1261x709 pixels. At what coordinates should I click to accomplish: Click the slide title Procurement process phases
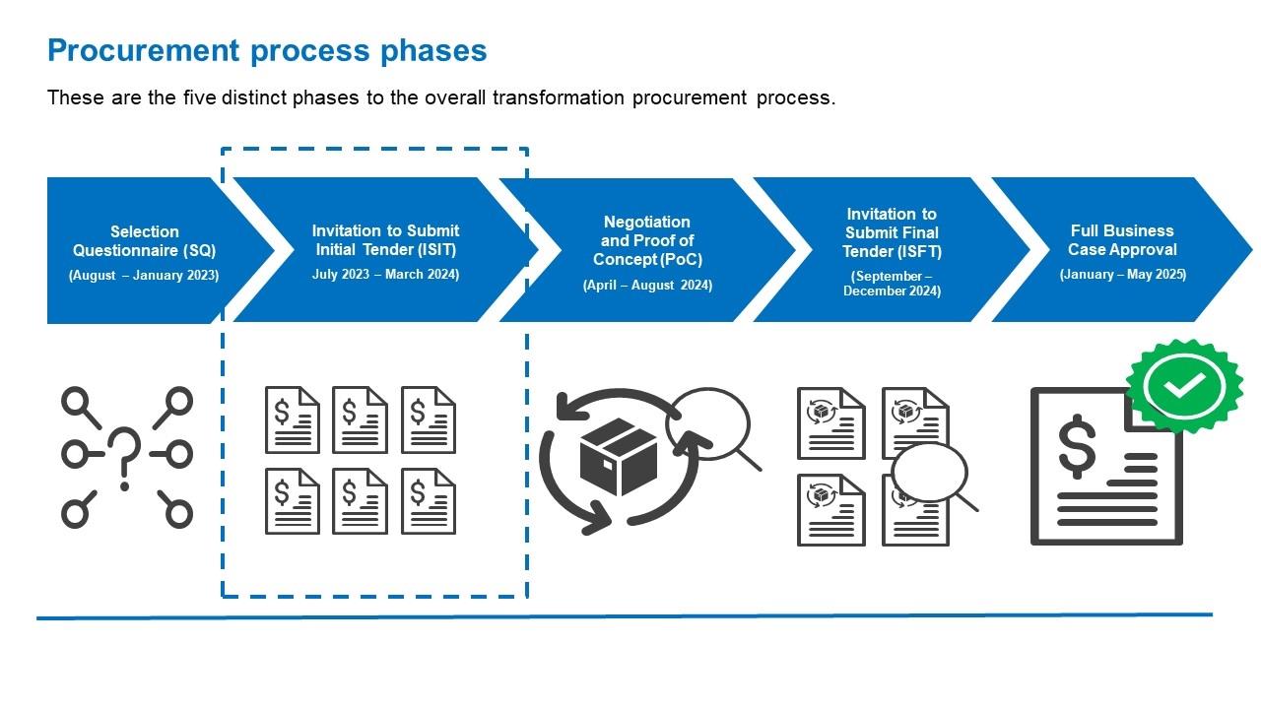267,50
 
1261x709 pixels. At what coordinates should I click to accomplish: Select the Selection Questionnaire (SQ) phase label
144,241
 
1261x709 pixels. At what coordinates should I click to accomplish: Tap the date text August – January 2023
144,276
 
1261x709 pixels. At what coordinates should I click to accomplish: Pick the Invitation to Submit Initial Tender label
385,240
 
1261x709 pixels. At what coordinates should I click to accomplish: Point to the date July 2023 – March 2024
385,275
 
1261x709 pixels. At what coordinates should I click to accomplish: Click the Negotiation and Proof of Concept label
646,240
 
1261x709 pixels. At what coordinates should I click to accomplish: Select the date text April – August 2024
647,286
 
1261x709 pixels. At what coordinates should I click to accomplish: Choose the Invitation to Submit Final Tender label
892,232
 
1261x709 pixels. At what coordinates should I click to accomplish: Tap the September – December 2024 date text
892,284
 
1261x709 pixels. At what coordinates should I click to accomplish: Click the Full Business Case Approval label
1122,240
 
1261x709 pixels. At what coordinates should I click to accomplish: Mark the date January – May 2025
1122,275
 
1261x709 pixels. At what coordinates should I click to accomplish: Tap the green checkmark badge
1184,386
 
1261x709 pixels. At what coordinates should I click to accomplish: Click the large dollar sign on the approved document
1077,445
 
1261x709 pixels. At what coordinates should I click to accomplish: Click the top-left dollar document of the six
292,419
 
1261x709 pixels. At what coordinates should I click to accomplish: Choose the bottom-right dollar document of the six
428,501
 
